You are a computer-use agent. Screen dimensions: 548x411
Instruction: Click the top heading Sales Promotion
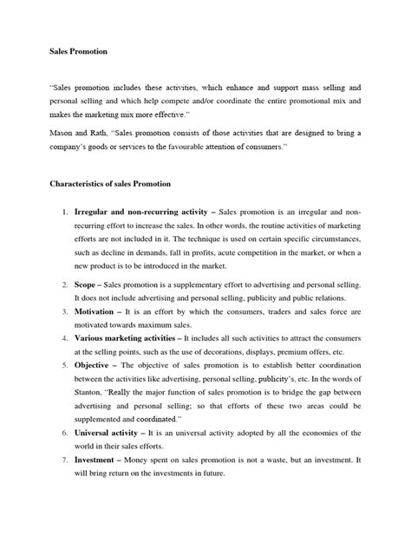tap(78, 52)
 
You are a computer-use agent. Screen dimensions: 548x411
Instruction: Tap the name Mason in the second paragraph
tap(62, 133)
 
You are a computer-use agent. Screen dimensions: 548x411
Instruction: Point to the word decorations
tap(222, 352)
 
